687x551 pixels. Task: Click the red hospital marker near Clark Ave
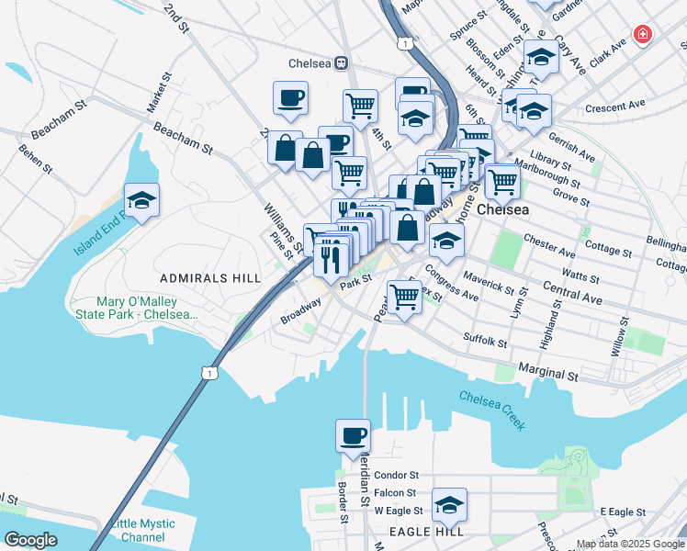(643, 35)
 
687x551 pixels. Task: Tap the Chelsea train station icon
(341, 62)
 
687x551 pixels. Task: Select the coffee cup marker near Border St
(352, 437)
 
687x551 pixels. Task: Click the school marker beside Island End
(141, 201)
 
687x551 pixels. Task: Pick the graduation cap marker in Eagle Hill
(449, 505)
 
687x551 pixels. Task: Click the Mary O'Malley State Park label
(148, 308)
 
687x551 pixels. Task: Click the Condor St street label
(397, 476)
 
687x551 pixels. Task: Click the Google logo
(30, 540)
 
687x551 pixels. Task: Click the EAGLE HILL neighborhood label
(426, 532)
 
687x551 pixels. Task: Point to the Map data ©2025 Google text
(630, 544)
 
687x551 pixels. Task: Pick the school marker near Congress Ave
(446, 241)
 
